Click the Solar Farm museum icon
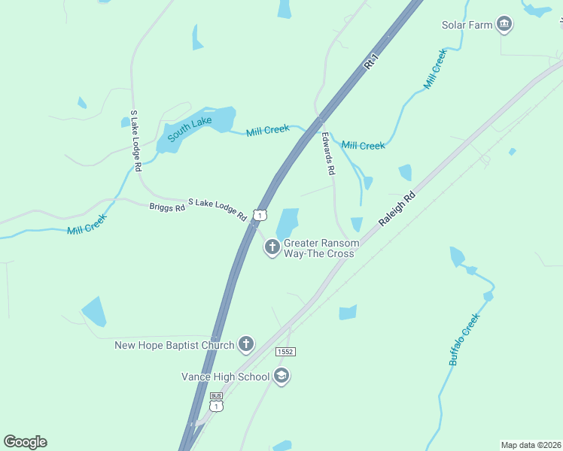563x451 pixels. click(x=504, y=25)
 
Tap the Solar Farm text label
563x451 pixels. click(x=467, y=25)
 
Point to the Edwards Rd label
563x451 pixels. click(x=327, y=154)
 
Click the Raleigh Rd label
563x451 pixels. click(x=397, y=210)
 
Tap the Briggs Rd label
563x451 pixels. click(x=167, y=207)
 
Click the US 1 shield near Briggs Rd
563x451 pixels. click(x=260, y=215)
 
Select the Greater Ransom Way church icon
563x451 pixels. click(x=272, y=247)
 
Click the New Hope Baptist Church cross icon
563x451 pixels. click(x=245, y=345)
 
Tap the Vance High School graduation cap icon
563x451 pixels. click(x=281, y=376)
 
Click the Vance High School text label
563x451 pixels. click(x=225, y=377)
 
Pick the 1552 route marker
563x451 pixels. click(x=285, y=351)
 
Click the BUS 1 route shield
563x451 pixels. click(x=217, y=403)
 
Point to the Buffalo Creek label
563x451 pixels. click(x=464, y=339)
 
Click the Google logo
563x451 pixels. click(x=25, y=442)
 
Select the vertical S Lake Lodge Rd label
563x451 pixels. click(x=135, y=141)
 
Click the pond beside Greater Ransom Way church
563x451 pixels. click(x=288, y=223)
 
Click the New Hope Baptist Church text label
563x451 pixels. click(x=174, y=346)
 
